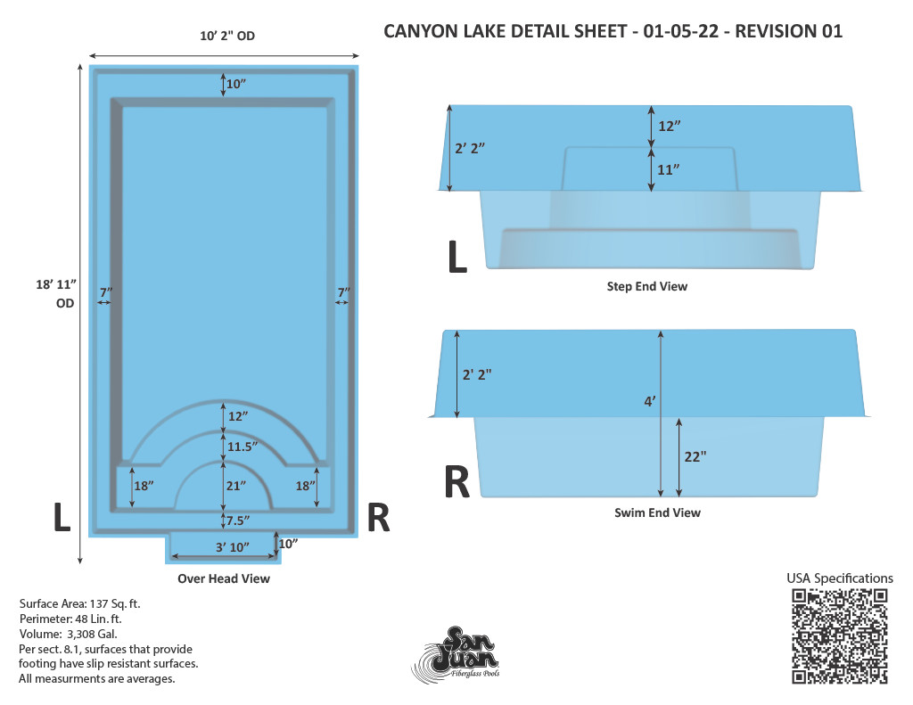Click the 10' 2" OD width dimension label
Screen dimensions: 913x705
click(x=227, y=36)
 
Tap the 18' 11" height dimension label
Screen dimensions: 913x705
click(x=56, y=293)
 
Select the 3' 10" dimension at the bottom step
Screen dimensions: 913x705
click(x=233, y=547)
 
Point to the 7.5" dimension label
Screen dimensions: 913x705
click(x=238, y=521)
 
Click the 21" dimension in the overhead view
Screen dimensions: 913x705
click(x=235, y=486)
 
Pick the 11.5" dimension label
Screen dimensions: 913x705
click(x=243, y=447)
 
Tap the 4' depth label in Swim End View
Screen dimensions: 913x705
click(x=650, y=401)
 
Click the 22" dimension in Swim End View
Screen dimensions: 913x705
click(x=695, y=456)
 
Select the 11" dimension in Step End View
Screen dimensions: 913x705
click(x=669, y=169)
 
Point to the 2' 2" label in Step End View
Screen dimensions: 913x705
click(x=470, y=148)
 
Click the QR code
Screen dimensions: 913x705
click(x=839, y=635)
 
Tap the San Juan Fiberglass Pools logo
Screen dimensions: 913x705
click(x=456, y=653)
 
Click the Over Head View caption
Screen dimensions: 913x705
click(x=224, y=578)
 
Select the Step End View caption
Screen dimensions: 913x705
click(x=647, y=286)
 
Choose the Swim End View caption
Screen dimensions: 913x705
click(x=657, y=512)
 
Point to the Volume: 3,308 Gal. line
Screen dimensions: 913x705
click(x=68, y=634)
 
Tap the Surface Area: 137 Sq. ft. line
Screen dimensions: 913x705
click(x=79, y=603)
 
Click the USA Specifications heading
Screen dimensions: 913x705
click(x=840, y=578)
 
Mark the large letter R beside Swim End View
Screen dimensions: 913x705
click(x=456, y=482)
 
